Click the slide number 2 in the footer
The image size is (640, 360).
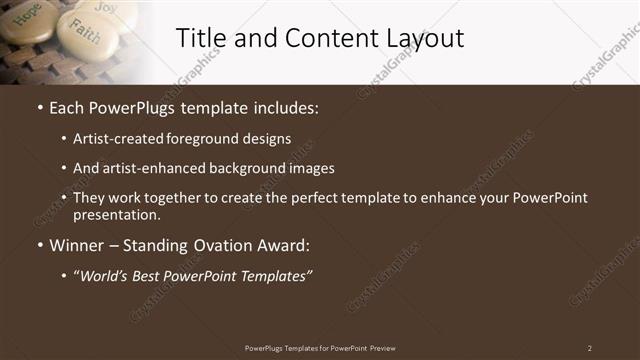589,348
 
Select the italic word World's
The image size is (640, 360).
110,275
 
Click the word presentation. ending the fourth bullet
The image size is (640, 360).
117,215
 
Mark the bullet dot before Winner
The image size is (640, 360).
39,246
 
